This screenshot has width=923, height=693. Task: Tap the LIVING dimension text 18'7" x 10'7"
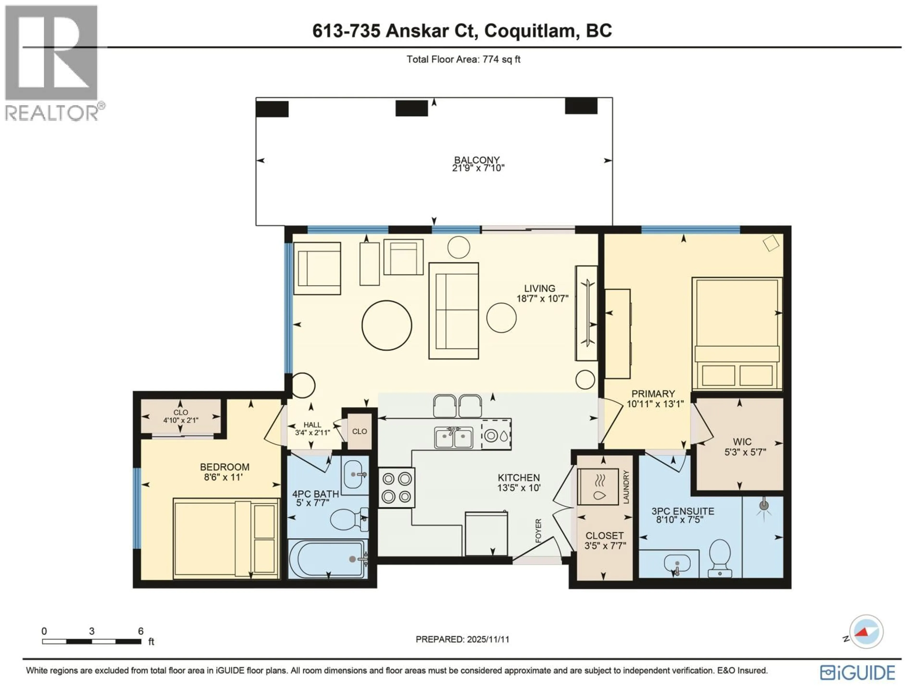point(542,299)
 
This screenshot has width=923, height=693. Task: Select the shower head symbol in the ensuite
point(764,506)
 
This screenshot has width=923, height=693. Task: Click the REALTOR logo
point(52,63)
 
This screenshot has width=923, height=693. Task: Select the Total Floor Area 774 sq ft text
point(463,59)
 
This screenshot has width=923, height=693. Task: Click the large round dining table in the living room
point(387,325)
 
